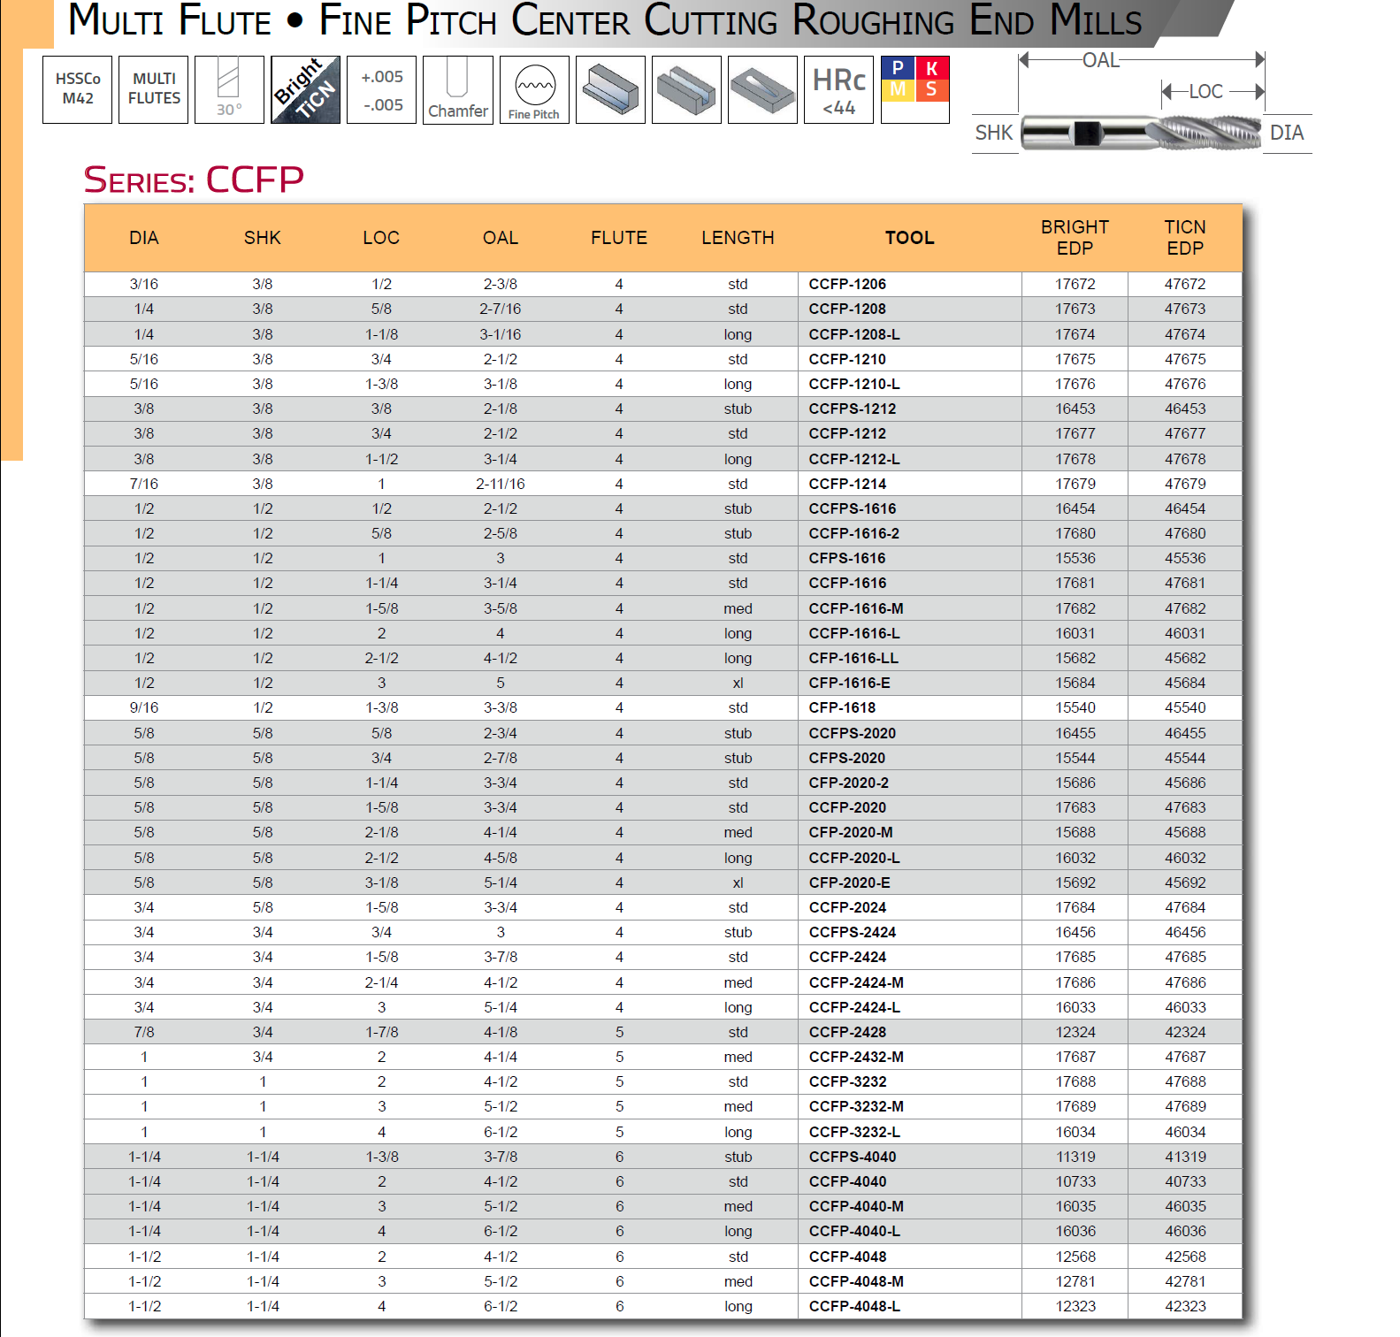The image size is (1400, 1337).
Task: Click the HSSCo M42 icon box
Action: [78, 89]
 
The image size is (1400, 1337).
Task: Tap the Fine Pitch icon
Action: [534, 90]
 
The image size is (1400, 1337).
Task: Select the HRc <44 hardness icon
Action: [838, 90]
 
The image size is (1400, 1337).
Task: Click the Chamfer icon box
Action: [458, 90]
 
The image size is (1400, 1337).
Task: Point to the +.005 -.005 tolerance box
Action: [382, 90]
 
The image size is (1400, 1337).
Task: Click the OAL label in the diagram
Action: [1100, 60]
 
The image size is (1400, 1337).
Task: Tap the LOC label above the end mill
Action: [1205, 92]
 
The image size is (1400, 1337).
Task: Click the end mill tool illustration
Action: [1141, 133]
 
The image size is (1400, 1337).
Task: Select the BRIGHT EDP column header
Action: [1075, 238]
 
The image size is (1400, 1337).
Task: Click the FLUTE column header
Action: [619, 238]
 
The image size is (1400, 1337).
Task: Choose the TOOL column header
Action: [909, 238]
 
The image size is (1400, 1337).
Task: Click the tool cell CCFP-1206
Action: [847, 284]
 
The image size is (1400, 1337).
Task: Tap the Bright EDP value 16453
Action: [1075, 409]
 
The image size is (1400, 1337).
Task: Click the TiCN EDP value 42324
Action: [1185, 1032]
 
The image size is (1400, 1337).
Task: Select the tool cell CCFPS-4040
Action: [853, 1157]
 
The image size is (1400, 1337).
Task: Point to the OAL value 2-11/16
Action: [501, 484]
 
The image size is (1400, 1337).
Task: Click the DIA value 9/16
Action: [144, 707]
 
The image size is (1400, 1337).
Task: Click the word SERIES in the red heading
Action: [140, 181]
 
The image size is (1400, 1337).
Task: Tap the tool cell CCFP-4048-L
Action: [854, 1306]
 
